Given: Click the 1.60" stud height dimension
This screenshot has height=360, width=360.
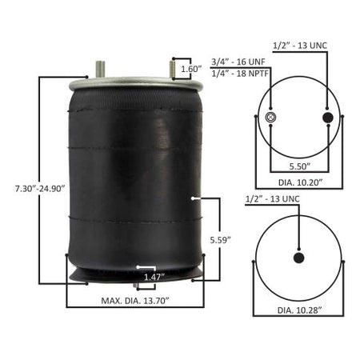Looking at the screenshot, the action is pos(191,69).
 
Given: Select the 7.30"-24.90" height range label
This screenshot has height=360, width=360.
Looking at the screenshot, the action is pos(40,189).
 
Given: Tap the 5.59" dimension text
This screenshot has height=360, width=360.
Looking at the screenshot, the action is pos(220,240).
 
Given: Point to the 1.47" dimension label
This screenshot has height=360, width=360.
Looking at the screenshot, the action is pos(154,277).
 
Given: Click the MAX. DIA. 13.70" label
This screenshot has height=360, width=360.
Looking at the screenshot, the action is pos(135,301).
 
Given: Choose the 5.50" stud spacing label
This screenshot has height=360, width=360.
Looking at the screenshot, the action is pos(300,166).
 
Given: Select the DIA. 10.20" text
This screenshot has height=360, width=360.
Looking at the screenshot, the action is pos(301,182).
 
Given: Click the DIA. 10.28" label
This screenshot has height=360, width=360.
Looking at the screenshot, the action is pos(300,310).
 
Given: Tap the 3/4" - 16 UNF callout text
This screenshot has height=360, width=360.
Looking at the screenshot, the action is pos(238,62).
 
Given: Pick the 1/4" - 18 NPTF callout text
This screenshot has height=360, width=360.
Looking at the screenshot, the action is pos(240,74).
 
